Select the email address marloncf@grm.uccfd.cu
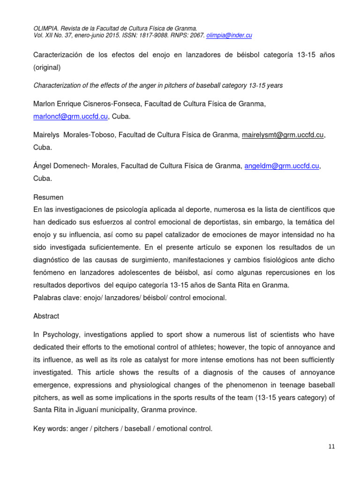tap(71, 116)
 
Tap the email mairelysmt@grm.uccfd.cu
tap(283, 135)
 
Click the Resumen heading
tap(48, 197)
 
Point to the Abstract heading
tap(46, 316)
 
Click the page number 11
tap(331, 447)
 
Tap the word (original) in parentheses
tap(47, 67)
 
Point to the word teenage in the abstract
tap(275, 385)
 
